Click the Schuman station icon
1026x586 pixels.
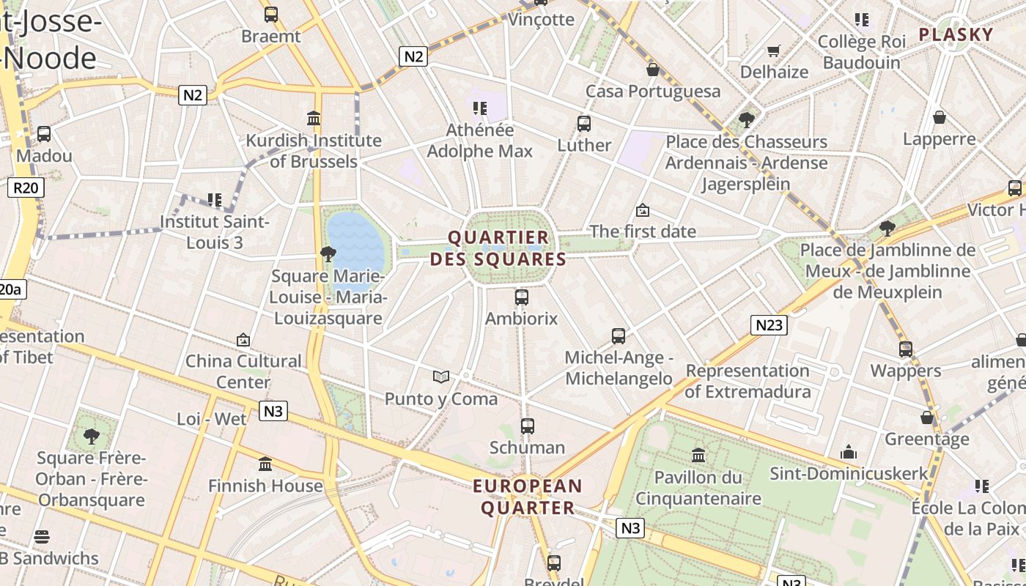(x=527, y=426)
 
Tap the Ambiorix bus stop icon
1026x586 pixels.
(x=522, y=297)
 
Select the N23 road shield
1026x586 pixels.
(x=769, y=324)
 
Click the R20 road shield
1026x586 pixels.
(x=25, y=188)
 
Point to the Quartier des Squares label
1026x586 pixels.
(x=498, y=248)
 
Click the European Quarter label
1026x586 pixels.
(x=528, y=497)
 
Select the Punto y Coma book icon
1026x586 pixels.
(x=440, y=377)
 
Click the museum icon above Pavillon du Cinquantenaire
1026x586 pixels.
(x=698, y=455)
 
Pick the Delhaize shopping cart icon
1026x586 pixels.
(x=773, y=51)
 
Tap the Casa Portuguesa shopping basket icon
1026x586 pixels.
(x=652, y=70)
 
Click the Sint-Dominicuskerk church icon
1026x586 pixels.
(x=849, y=451)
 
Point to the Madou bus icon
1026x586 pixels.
(x=44, y=134)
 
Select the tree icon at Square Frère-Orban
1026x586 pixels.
(x=92, y=437)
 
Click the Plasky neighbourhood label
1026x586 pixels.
(x=956, y=34)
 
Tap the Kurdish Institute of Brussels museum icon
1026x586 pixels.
(x=314, y=118)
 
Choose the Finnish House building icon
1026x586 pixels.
(x=265, y=464)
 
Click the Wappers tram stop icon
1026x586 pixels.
(x=906, y=349)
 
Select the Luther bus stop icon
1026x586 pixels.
(x=584, y=123)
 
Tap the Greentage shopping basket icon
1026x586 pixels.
(x=927, y=418)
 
